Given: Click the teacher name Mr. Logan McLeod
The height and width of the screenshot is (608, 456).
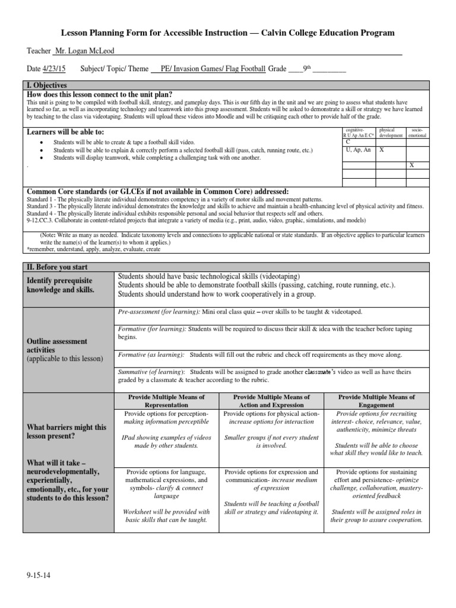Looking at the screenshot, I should tap(84, 52).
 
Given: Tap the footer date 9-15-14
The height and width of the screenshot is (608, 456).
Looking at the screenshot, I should tap(39, 575).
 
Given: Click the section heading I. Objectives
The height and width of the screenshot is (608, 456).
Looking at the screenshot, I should tap(47, 86).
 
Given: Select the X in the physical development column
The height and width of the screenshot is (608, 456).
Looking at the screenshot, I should tap(382, 150).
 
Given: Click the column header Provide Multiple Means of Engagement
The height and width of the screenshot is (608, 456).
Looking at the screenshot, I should tap(376, 401).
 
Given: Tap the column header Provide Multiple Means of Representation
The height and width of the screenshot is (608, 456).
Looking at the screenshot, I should tap(166, 401).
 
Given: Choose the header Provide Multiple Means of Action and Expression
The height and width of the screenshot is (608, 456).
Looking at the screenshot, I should tap(271, 401).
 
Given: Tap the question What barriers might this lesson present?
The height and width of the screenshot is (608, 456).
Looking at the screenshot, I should tap(67, 432).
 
